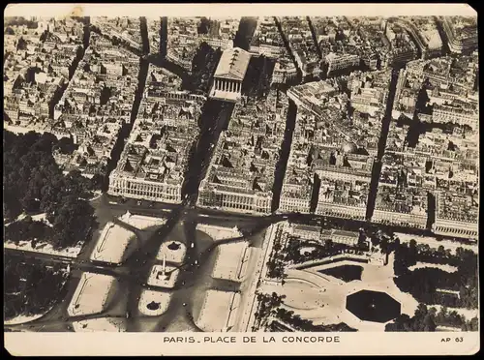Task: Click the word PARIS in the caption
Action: (x=177, y=341)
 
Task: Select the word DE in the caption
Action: (x=249, y=341)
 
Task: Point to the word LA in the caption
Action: (x=267, y=341)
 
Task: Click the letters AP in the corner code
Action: (x=445, y=341)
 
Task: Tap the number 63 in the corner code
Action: (x=459, y=341)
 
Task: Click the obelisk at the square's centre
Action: (x=164, y=272)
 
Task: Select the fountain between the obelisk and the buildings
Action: (x=174, y=247)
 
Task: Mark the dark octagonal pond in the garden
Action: (x=373, y=306)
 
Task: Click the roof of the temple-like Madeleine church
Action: (x=232, y=63)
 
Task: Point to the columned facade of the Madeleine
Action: (x=226, y=87)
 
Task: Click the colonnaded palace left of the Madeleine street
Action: (x=145, y=185)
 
